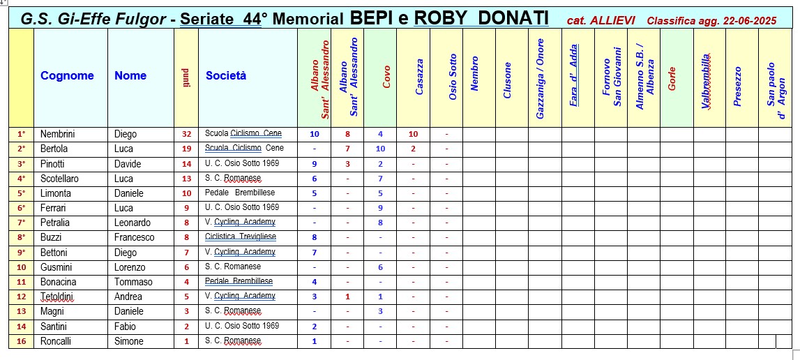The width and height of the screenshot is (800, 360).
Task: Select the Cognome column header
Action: (x=67, y=76)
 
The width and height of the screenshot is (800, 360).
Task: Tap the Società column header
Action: (x=226, y=76)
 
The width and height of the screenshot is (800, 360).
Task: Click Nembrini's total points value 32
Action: (x=186, y=134)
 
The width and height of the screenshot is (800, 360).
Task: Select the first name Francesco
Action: (x=135, y=237)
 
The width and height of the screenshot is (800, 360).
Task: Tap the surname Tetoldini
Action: (x=57, y=297)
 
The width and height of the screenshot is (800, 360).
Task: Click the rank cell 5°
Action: (x=21, y=193)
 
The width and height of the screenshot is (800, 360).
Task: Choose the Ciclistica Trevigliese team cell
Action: (x=241, y=237)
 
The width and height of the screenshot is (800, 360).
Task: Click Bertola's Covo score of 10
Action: (x=380, y=149)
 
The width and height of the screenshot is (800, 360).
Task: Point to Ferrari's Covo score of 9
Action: (x=380, y=208)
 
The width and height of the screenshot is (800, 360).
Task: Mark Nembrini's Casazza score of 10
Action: (x=413, y=134)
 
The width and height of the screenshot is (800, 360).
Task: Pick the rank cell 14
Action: (x=21, y=326)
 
